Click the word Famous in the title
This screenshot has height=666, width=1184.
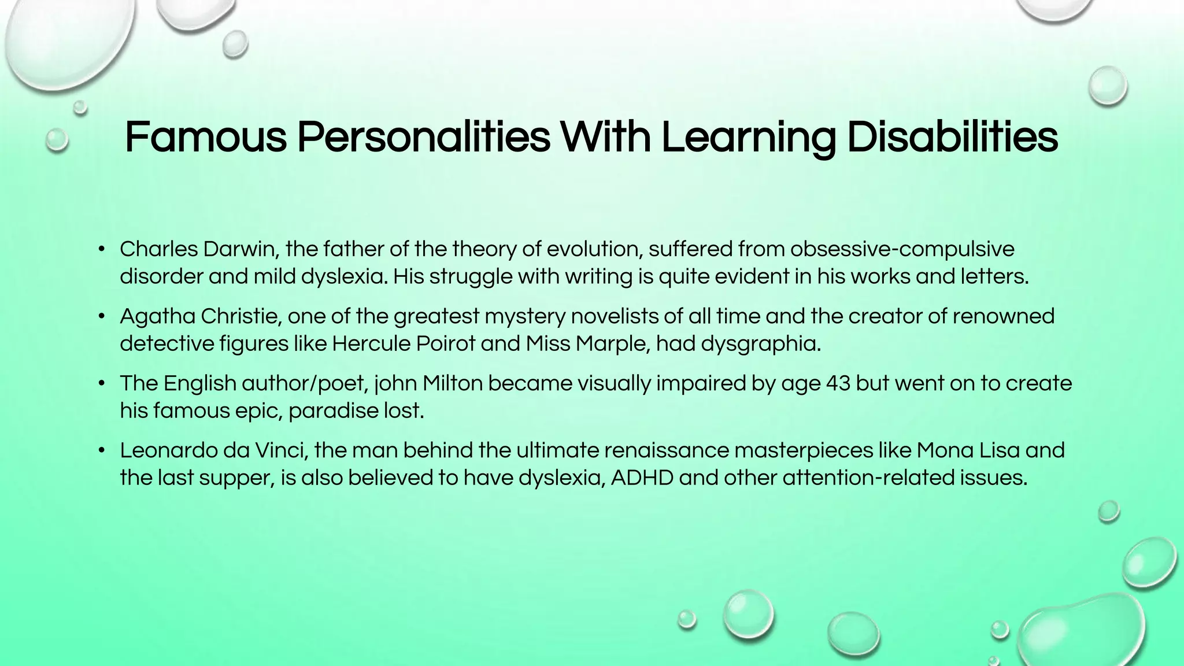click(x=205, y=138)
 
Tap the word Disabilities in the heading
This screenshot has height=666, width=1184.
click(x=952, y=138)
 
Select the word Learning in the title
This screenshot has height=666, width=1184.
click(x=748, y=138)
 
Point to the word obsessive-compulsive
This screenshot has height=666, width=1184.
click(x=902, y=249)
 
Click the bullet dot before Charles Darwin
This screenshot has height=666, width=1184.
click(x=102, y=250)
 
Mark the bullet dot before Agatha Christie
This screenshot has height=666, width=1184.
click(x=102, y=317)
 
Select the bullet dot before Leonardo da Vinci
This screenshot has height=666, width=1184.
click(x=102, y=451)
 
